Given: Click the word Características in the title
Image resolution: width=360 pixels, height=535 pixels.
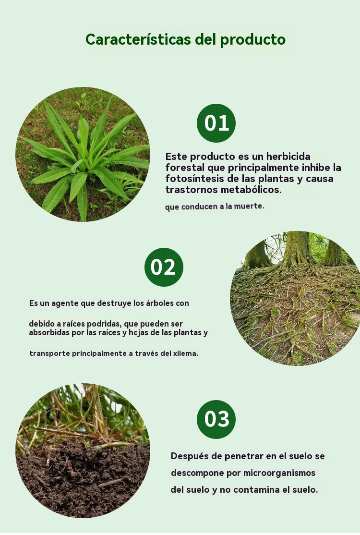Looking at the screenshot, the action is click(138, 39).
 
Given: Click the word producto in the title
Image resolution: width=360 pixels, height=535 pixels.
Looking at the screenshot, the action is click(252, 40).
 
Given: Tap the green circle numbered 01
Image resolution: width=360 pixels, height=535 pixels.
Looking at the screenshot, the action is click(216, 123).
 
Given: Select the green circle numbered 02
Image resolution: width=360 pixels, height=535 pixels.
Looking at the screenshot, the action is click(164, 267).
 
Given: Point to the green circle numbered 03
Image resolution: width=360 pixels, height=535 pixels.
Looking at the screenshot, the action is click(216, 419).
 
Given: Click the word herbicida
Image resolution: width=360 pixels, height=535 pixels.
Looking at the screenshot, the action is click(288, 156).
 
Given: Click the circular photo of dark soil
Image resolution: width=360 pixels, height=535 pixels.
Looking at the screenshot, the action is click(83, 450).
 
